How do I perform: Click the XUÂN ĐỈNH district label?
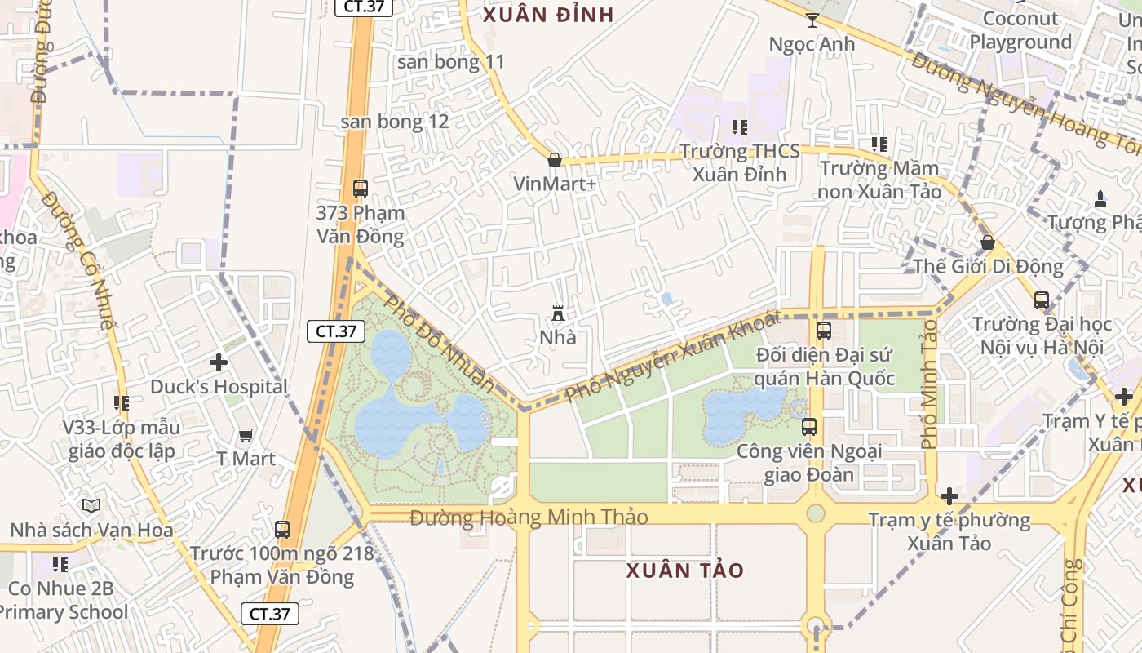[x=548, y=15]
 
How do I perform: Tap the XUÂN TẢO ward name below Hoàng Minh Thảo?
[x=685, y=571]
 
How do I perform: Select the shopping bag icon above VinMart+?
[x=555, y=160]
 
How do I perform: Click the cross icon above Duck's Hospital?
[x=219, y=362]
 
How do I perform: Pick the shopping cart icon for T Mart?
[x=246, y=437]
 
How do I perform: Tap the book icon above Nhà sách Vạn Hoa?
[x=91, y=507]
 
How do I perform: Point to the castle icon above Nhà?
[x=558, y=313]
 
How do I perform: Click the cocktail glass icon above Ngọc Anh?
[x=812, y=20]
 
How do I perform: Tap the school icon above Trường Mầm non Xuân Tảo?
[x=879, y=145]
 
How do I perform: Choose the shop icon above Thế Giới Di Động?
[x=987, y=242]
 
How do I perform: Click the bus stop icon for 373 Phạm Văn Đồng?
[x=360, y=189]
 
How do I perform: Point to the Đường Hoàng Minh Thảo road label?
[x=529, y=517]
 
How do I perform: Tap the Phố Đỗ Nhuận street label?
[x=439, y=343]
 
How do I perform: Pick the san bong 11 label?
[x=450, y=61]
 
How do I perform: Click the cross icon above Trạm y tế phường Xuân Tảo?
[x=949, y=496]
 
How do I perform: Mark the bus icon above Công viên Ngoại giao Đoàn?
[x=808, y=427]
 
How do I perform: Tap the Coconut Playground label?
[x=1020, y=30]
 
